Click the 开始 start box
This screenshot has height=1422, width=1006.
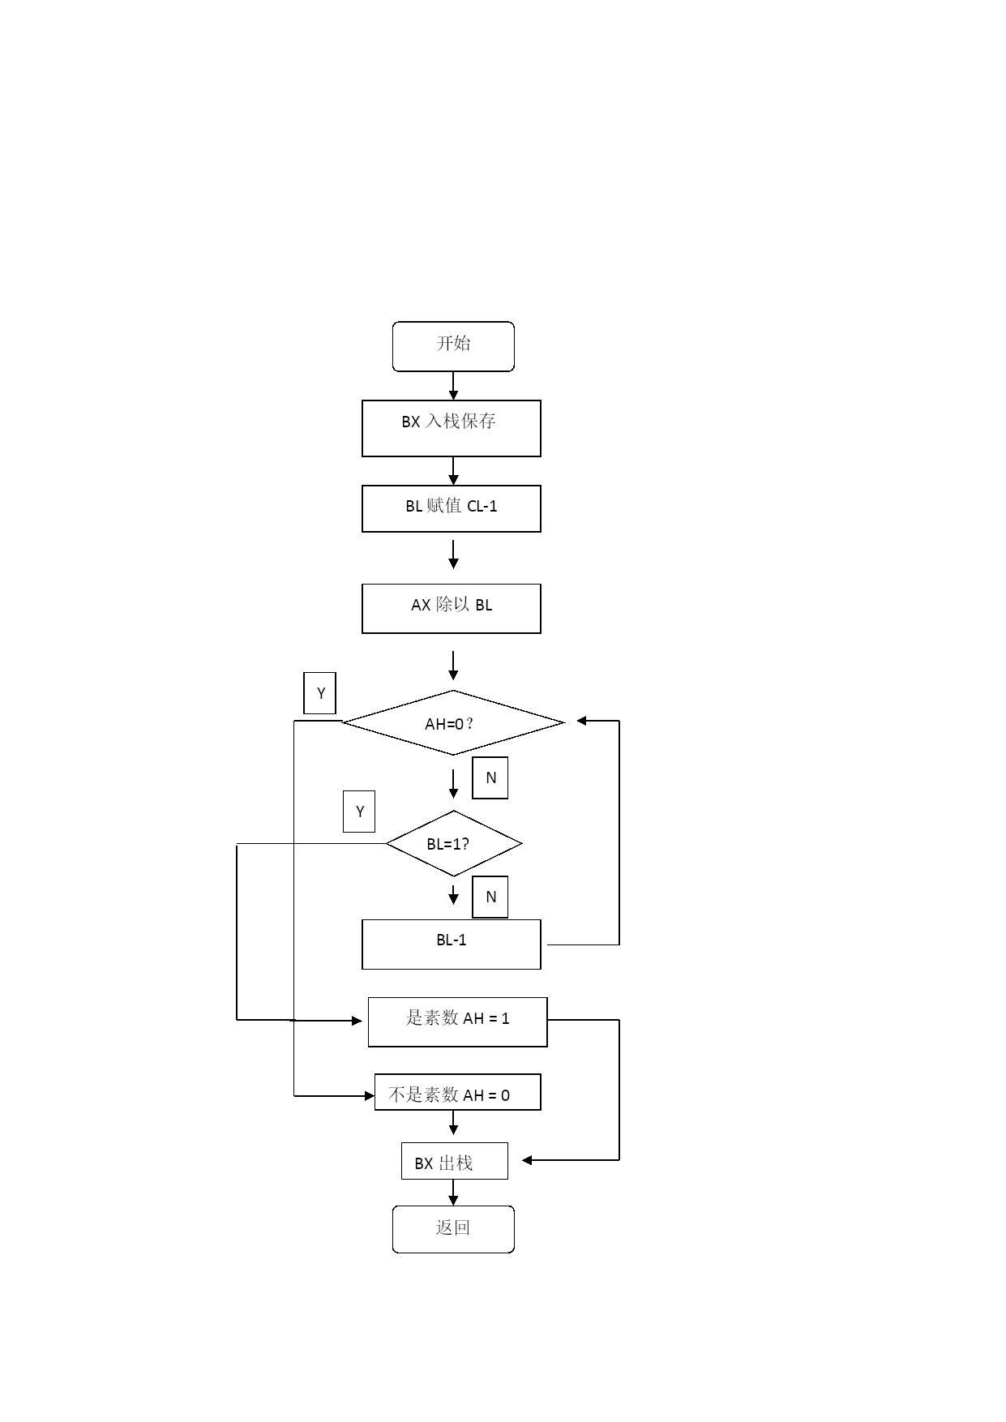pos(453,346)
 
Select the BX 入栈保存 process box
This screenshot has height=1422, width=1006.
pos(452,428)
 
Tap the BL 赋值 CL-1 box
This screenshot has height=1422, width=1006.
pos(452,508)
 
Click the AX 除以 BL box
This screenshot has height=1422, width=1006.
pos(452,608)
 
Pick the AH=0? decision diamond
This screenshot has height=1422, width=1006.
pos(453,722)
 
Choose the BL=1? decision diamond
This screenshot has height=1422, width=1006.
pos(454,843)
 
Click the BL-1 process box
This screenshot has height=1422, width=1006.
pos(452,944)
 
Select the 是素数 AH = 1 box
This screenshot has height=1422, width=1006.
pos(458,1022)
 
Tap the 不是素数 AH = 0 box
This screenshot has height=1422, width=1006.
pos(458,1092)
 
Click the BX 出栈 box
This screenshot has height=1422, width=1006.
pos(455,1161)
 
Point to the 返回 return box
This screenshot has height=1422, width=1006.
pos(453,1229)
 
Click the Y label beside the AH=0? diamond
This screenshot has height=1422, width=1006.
pos(319,693)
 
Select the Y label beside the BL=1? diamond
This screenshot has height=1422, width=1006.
pos(359,812)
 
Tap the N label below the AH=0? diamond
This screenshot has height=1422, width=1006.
pos(490,777)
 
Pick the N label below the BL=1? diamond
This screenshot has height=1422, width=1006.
pos(490,897)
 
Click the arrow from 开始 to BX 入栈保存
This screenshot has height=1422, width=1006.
pos(453,386)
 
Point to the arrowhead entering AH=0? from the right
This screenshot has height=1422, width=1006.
pos(581,721)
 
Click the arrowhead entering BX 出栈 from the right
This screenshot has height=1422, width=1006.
pos(527,1160)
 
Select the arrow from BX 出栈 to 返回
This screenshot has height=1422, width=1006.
pos(453,1193)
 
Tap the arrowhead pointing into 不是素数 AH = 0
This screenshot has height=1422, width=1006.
pos(370,1096)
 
